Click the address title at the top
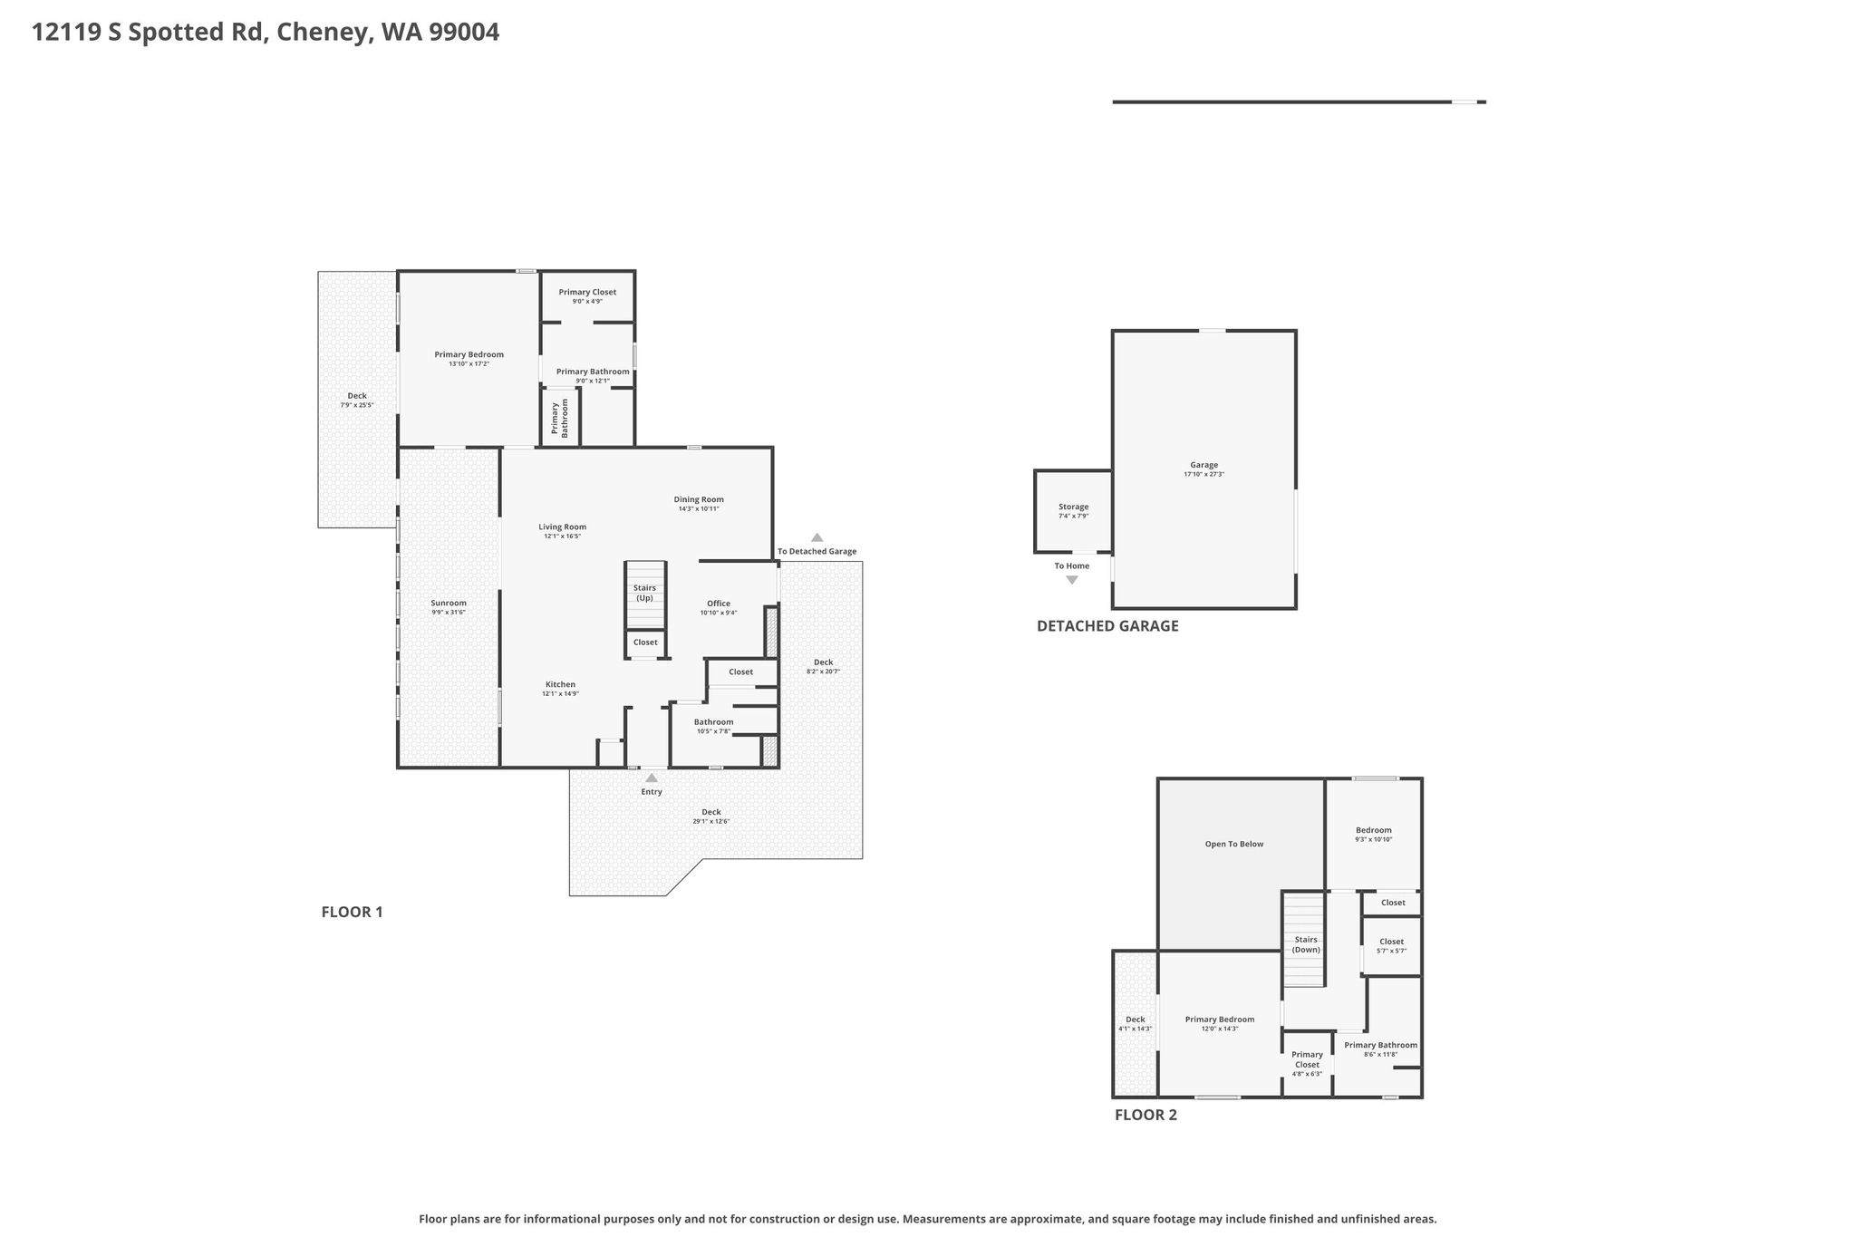(266, 33)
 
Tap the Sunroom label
(449, 604)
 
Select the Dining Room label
(699, 499)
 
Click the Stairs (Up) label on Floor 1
(644, 593)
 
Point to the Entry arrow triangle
(652, 778)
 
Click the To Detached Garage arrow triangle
(817, 537)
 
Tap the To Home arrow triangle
(1072, 580)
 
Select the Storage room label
(1074, 507)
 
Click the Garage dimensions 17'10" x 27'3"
(1204, 475)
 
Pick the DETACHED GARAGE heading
(1107, 626)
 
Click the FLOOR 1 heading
(353, 913)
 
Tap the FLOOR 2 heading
(1145, 1116)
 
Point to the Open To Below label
(1234, 845)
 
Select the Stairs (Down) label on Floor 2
(1306, 945)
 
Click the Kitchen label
(560, 684)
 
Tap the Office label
(719, 604)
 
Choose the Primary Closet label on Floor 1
(587, 292)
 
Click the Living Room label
(563, 527)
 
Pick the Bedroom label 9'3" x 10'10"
(1374, 835)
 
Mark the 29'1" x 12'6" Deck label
(711, 817)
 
